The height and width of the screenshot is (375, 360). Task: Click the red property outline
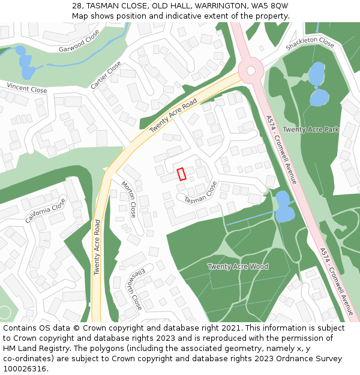pyautogui.click(x=181, y=174)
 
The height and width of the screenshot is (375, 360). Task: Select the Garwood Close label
pyautogui.click(x=79, y=41)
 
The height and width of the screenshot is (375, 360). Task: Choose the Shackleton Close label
pyautogui.click(x=310, y=43)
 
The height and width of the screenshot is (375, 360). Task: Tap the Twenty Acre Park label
pyautogui.click(x=311, y=129)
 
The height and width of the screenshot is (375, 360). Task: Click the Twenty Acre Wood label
pyautogui.click(x=238, y=266)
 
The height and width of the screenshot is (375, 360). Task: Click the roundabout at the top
pyautogui.click(x=250, y=70)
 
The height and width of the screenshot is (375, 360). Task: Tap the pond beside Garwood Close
pyautogui.click(x=26, y=64)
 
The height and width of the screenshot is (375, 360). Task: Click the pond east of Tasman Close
pyautogui.click(x=283, y=206)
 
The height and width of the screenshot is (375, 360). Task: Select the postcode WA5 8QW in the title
pyautogui.click(x=270, y=5)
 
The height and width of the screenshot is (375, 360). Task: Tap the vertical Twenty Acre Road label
pyautogui.click(x=97, y=247)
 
